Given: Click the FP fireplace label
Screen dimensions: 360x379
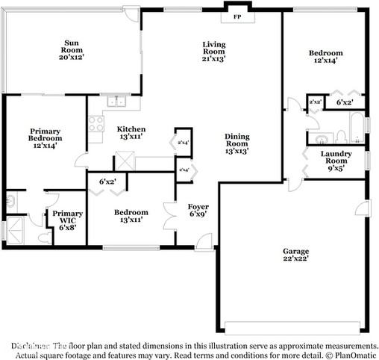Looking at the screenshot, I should [x=237, y=16].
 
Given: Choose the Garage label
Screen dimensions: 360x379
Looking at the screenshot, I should [x=295, y=251].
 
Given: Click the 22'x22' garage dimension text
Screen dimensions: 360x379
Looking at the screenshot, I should [x=295, y=258].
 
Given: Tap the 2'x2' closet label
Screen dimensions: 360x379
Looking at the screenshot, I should [x=315, y=102].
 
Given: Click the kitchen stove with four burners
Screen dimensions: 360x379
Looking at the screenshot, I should [x=96, y=124].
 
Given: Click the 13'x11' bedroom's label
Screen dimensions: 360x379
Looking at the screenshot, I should [x=131, y=212].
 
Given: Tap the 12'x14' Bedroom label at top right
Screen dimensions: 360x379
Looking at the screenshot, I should [x=326, y=53].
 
